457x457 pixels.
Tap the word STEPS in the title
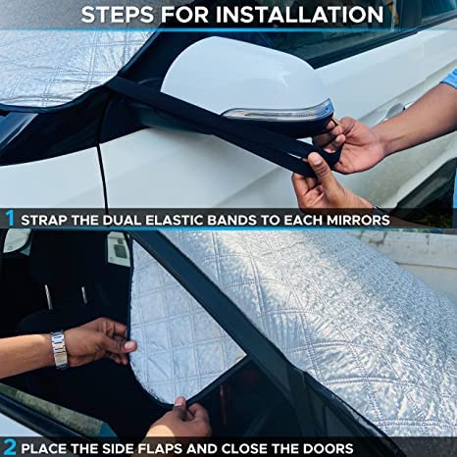click(119, 15)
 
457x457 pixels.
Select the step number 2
click(9, 445)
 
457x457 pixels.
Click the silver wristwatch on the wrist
click(60, 349)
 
